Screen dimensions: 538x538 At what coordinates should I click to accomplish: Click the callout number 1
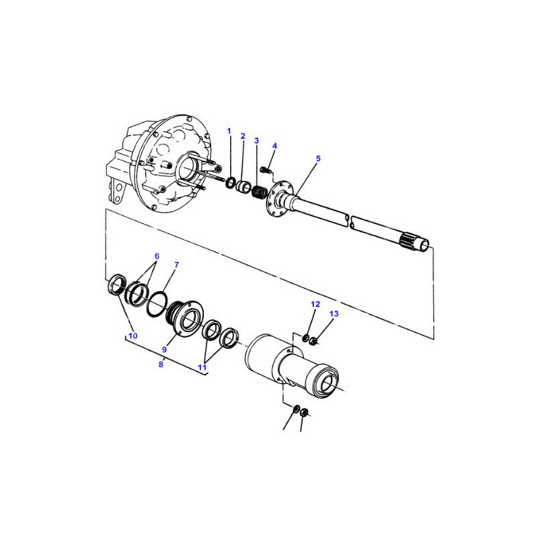[229, 131]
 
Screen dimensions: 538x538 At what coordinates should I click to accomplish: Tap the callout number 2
[243, 137]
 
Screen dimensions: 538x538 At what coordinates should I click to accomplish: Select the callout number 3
[256, 141]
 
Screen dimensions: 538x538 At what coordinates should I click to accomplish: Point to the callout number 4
[274, 146]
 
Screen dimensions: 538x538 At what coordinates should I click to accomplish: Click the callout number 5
[318, 159]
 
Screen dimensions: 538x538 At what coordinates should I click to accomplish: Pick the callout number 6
[157, 256]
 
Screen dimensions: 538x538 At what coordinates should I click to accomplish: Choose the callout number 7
[177, 265]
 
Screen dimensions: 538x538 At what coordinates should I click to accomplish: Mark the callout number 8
[161, 364]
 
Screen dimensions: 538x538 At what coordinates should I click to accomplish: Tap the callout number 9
[164, 350]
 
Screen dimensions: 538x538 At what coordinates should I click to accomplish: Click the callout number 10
[132, 336]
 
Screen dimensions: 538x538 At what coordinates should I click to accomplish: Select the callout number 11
[202, 367]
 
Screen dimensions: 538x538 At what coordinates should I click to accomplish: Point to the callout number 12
[315, 305]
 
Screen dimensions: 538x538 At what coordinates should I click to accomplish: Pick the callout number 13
[334, 313]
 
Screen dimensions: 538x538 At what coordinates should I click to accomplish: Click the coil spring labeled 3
[258, 192]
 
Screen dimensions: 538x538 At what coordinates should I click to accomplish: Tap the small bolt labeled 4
[265, 169]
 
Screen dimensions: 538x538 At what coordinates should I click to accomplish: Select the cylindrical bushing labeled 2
[244, 187]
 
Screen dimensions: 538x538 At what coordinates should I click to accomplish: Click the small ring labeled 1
[230, 183]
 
